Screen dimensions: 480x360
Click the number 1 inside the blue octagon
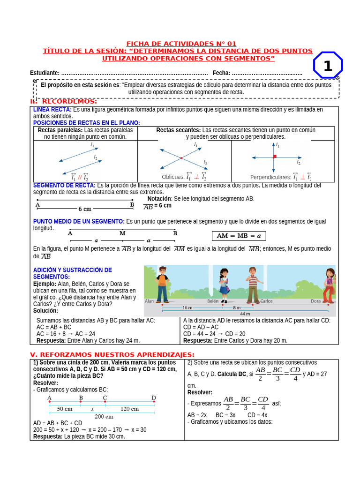click(328, 66)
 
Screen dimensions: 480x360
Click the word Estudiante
click(44, 73)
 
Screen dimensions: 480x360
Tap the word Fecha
click(221, 73)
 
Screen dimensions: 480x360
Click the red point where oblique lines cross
click(181, 158)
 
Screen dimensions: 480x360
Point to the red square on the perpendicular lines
click(275, 156)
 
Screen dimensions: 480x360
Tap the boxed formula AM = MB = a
click(238, 235)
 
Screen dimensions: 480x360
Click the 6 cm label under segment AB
click(85, 209)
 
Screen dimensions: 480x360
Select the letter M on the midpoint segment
click(122, 233)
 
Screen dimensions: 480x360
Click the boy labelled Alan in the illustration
click(162, 284)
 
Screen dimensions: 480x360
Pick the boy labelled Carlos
click(253, 285)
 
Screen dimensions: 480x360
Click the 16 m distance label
click(187, 307)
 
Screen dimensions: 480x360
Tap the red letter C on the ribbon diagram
click(105, 398)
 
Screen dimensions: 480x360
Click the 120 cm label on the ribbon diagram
click(129, 408)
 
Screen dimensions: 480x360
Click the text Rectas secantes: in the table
click(178, 130)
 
